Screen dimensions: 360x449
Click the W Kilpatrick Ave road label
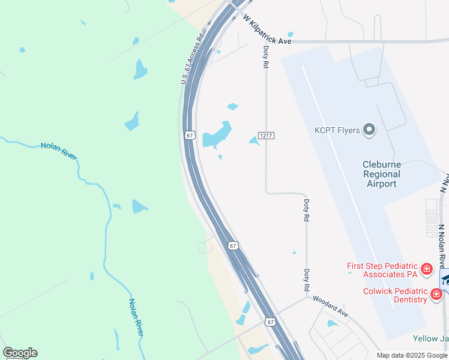click(267, 30)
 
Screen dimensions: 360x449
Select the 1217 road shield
click(267, 136)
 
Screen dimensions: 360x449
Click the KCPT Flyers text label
click(337, 130)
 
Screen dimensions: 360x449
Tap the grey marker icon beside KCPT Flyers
click(369, 130)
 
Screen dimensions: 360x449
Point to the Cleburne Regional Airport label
click(381, 174)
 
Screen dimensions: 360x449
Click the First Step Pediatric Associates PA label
click(382, 270)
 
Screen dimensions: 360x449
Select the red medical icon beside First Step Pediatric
click(426, 269)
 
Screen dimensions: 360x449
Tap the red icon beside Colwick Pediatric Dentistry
click(436, 294)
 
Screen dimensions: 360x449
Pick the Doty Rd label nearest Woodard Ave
click(306, 280)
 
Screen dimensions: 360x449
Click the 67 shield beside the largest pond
click(190, 136)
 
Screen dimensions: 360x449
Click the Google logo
click(20, 353)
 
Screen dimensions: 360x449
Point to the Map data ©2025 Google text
click(412, 355)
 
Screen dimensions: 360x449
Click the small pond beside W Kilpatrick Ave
click(291, 34)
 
